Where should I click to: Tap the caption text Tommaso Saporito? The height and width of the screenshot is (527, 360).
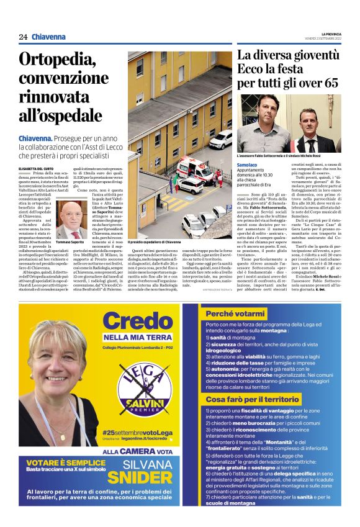click(70, 241)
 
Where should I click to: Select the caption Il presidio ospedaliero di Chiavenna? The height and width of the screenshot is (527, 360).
click(155, 241)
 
